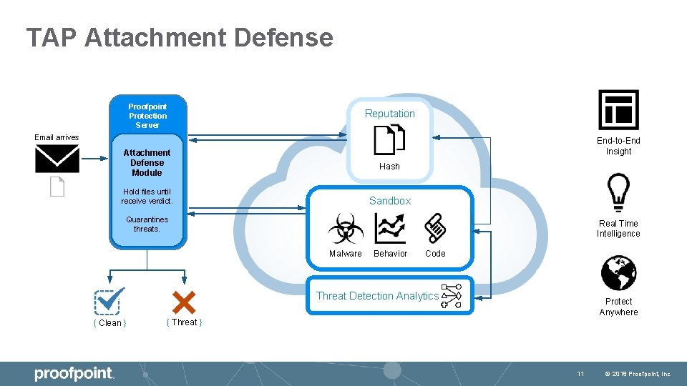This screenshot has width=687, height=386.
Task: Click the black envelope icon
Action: [x=57, y=159]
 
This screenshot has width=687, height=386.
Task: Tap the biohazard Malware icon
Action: [x=346, y=229]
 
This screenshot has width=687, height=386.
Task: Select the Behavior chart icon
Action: [x=390, y=229]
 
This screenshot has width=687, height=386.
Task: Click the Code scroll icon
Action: [x=435, y=229]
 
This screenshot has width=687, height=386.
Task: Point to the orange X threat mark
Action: [x=184, y=302]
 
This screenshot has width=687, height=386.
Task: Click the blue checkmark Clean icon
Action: [x=109, y=301]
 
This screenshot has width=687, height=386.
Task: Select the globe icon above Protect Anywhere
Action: [x=618, y=272]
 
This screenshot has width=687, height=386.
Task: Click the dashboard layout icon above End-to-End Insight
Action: [x=618, y=110]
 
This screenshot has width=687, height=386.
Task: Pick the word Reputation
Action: [x=389, y=114]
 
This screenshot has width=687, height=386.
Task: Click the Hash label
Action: [x=389, y=166]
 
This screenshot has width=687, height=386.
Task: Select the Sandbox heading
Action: [x=390, y=201]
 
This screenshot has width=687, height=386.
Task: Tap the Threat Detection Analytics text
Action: [x=377, y=296]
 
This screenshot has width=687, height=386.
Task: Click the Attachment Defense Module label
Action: [x=147, y=162]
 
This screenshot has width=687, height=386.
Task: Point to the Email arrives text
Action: [x=57, y=137]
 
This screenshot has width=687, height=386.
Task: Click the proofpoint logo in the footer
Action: [x=74, y=373]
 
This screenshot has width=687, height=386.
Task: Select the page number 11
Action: [x=580, y=374]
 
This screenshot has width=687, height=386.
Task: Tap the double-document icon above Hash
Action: [x=389, y=139]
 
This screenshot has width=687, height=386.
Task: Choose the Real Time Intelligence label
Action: [x=618, y=229]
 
